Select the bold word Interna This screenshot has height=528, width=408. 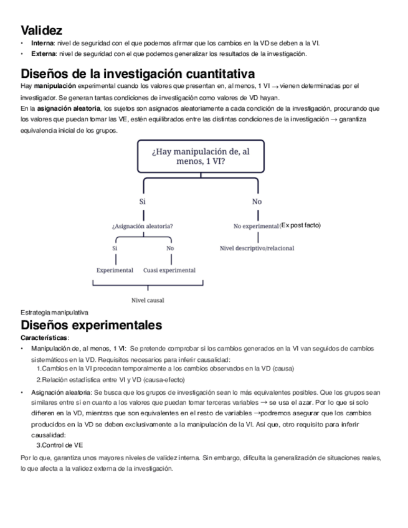[42, 43]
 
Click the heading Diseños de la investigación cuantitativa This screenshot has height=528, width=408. [138, 73]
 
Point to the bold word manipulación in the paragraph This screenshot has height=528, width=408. [55, 85]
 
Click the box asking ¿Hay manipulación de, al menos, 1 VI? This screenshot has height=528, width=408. [199, 156]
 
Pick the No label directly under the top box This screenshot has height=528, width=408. [257, 202]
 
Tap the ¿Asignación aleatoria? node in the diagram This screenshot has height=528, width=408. [142, 226]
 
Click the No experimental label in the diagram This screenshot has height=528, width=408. [255, 226]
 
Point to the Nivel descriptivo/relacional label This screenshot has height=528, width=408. [257, 248]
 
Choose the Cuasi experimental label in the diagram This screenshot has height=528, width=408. [169, 270]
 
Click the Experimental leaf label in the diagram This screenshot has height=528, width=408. [115, 270]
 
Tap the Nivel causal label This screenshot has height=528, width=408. [148, 299]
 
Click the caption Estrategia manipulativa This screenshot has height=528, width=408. [54, 313]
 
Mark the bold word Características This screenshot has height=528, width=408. [45, 337]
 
